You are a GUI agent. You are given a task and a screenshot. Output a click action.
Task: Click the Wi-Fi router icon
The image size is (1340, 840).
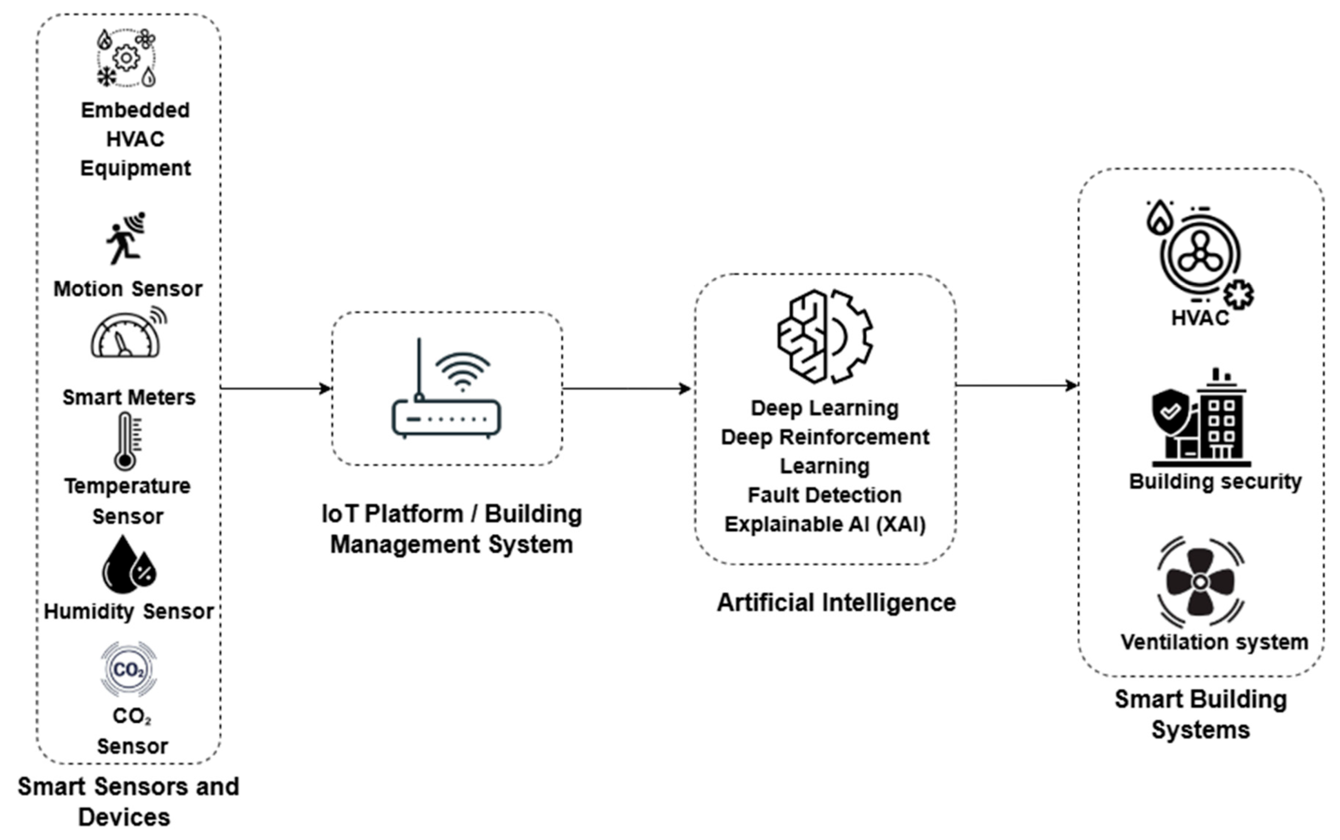point(446,389)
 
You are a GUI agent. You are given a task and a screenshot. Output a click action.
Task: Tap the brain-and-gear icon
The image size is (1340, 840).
point(824,336)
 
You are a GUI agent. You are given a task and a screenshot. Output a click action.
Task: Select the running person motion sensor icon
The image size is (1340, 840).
point(126,238)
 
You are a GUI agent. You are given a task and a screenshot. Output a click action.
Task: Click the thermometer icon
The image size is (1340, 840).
point(127,441)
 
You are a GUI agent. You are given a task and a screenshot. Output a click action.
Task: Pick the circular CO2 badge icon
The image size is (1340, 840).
point(128,669)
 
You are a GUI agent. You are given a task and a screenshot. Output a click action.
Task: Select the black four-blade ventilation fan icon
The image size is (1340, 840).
point(1200,581)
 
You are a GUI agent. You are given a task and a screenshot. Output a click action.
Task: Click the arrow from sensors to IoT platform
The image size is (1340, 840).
point(275,388)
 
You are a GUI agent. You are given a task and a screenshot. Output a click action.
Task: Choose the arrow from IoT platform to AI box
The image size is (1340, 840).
point(627,388)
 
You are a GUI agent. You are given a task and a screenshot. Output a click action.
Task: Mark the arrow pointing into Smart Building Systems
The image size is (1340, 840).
point(1017,385)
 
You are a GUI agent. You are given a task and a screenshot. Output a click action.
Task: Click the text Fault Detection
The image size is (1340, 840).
point(824,495)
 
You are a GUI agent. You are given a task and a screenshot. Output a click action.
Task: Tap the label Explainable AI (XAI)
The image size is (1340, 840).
point(825,524)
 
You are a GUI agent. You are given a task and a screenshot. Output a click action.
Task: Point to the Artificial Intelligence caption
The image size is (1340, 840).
point(836,603)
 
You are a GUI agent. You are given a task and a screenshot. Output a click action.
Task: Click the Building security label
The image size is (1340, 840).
point(1215,481)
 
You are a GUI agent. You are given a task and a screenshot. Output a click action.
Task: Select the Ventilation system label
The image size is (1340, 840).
point(1214,642)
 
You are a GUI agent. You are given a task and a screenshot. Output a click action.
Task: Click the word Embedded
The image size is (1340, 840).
point(135,110)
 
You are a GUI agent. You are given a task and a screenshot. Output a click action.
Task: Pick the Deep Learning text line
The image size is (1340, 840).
point(824,408)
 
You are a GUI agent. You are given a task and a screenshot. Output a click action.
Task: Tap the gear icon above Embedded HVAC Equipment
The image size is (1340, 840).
point(126,58)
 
